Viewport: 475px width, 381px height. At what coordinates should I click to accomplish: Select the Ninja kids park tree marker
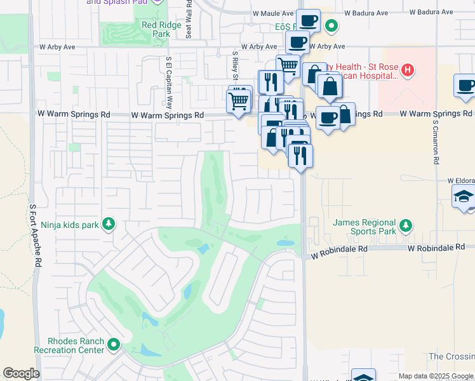click(109, 224)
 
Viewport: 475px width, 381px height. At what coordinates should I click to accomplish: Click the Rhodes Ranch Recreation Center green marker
click(114, 345)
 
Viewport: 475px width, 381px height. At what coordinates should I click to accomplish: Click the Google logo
click(21, 373)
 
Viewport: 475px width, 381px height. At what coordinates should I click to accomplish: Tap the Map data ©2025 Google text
click(436, 376)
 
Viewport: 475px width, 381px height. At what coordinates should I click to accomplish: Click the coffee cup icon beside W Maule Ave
click(309, 21)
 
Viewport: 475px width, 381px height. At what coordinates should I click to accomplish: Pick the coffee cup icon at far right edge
click(465, 86)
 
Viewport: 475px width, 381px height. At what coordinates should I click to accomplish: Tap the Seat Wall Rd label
click(189, 19)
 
